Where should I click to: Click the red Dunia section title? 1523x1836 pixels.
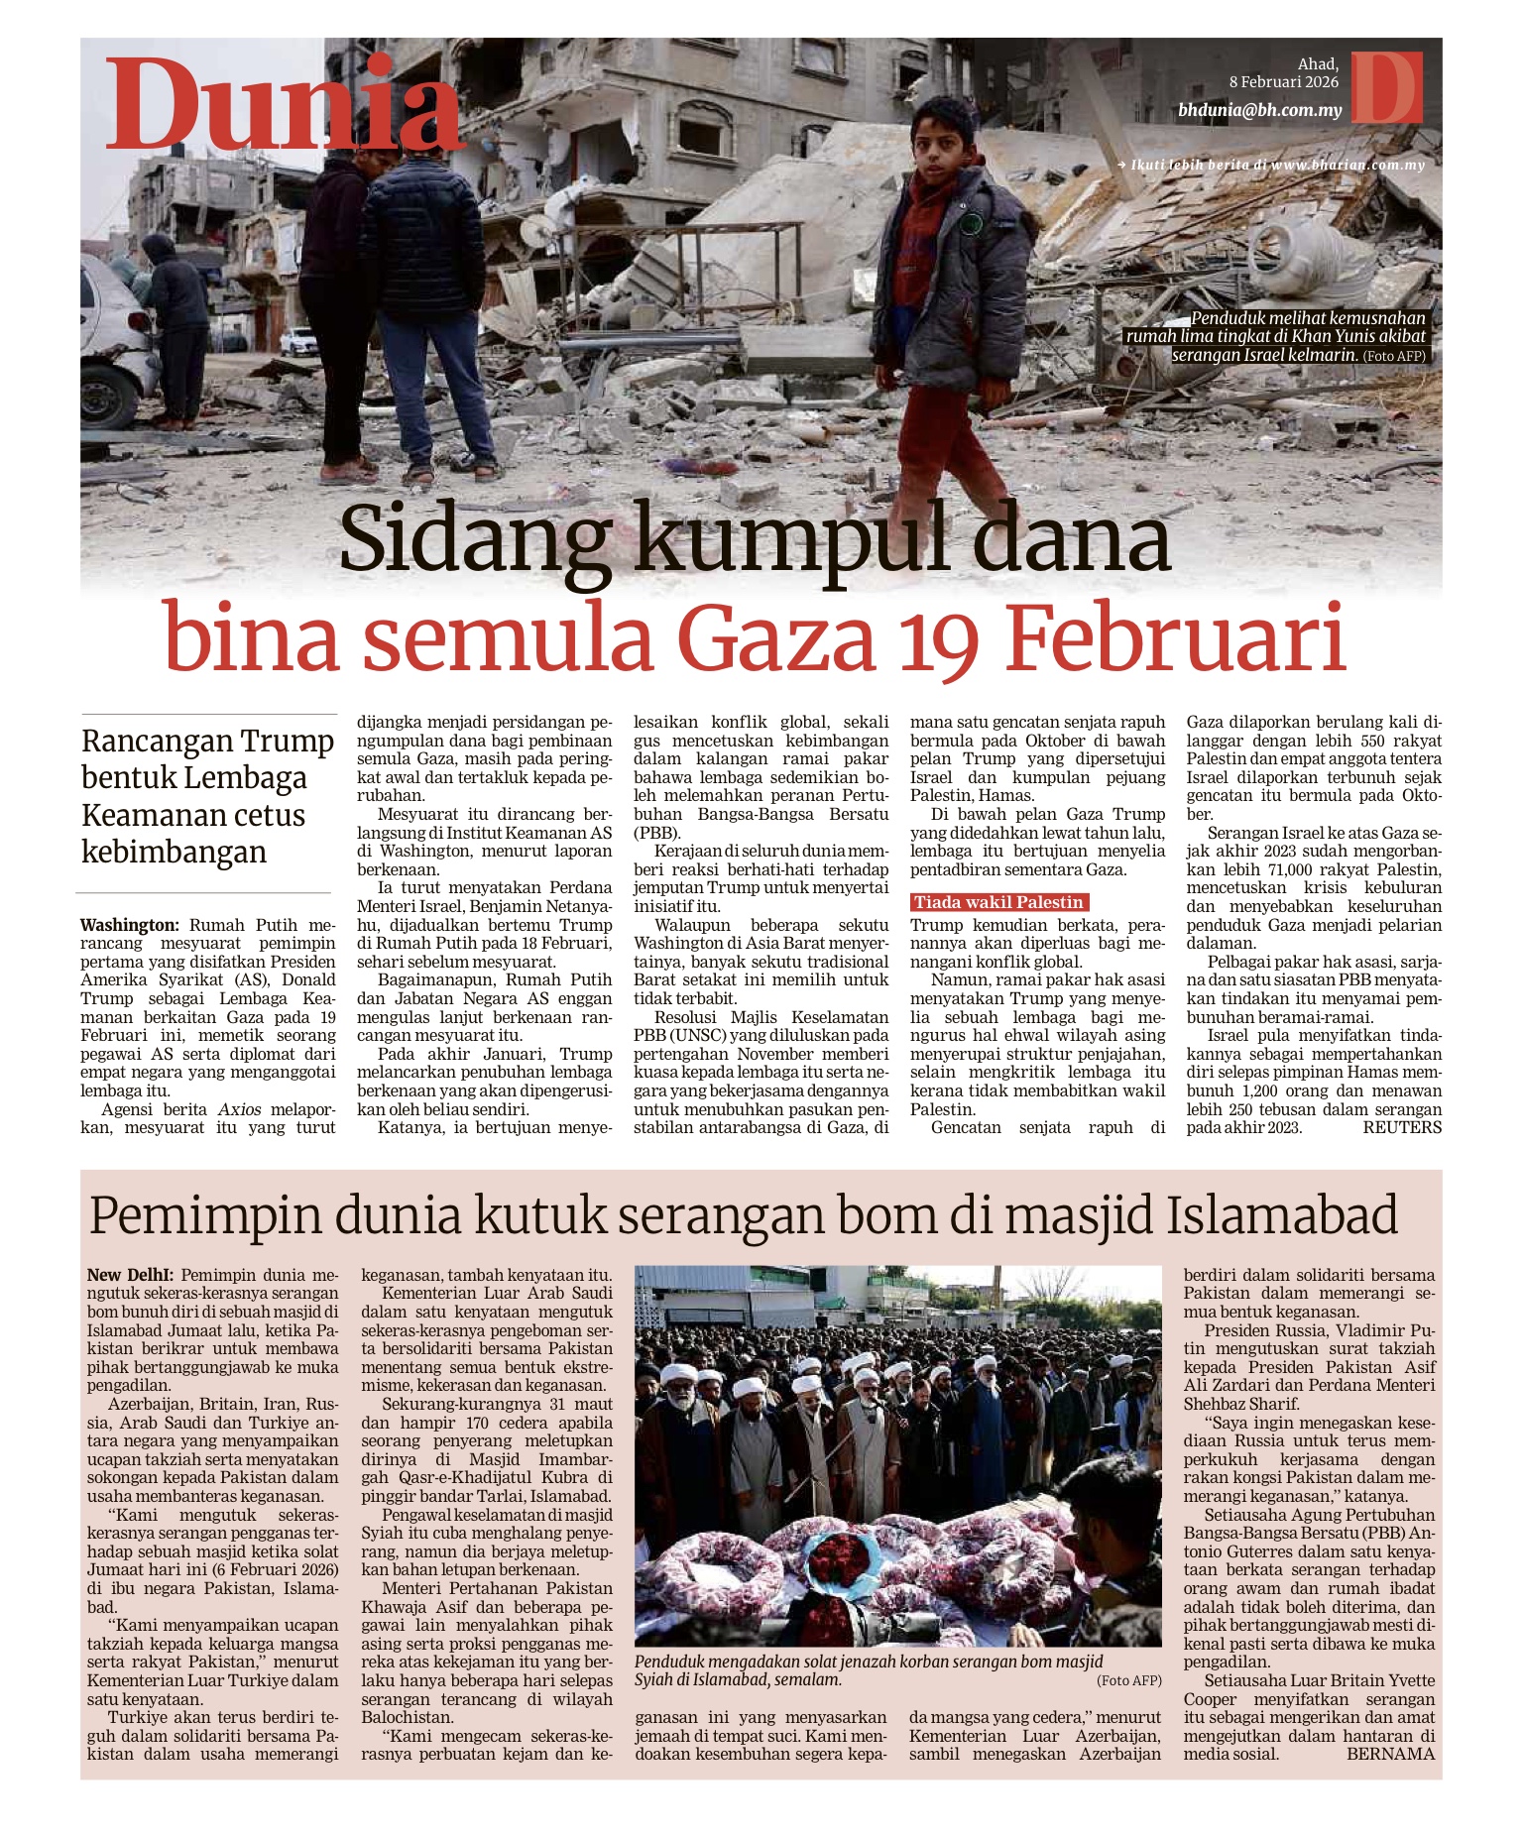[x=285, y=106]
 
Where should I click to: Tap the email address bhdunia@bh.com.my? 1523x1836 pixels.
[x=1259, y=110]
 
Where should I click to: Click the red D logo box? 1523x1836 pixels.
[x=1386, y=87]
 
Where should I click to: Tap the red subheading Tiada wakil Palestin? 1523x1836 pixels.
[x=998, y=902]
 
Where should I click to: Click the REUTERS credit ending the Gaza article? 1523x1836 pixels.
[x=1401, y=1127]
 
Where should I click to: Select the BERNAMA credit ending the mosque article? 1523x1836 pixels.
[x=1390, y=1754]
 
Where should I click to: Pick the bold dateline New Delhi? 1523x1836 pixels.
[x=130, y=1275]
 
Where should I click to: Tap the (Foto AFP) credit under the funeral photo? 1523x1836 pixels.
[x=1128, y=1680]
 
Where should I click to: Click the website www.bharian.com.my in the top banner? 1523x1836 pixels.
[x=1347, y=166]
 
